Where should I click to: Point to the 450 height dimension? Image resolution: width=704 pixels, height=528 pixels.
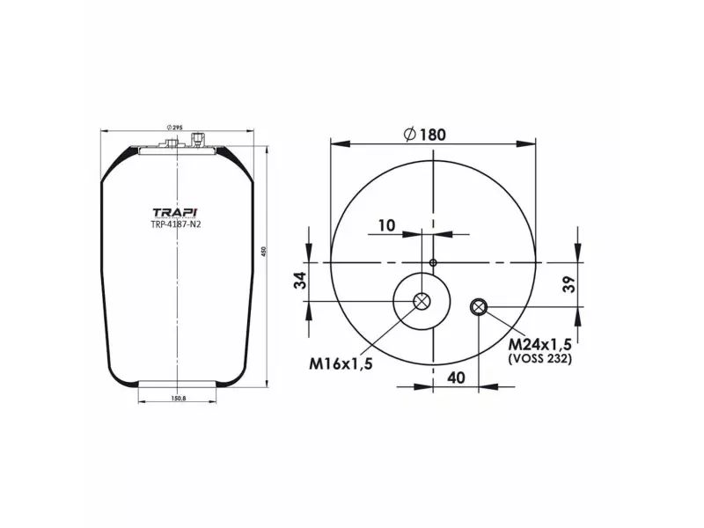click(263, 253)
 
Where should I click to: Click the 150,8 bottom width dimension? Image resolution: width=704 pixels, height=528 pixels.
click(177, 399)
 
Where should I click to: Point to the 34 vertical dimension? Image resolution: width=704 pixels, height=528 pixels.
click(300, 282)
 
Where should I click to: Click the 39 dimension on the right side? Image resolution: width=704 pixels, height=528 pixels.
click(569, 283)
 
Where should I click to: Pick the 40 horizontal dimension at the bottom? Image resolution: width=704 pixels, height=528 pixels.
click(456, 378)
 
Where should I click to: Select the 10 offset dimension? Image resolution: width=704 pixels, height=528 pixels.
click(385, 225)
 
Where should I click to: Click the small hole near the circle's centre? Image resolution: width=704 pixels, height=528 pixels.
click(433, 262)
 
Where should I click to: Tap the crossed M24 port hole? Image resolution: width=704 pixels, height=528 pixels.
click(478, 306)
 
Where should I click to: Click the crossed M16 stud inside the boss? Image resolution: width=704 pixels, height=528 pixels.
click(422, 301)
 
